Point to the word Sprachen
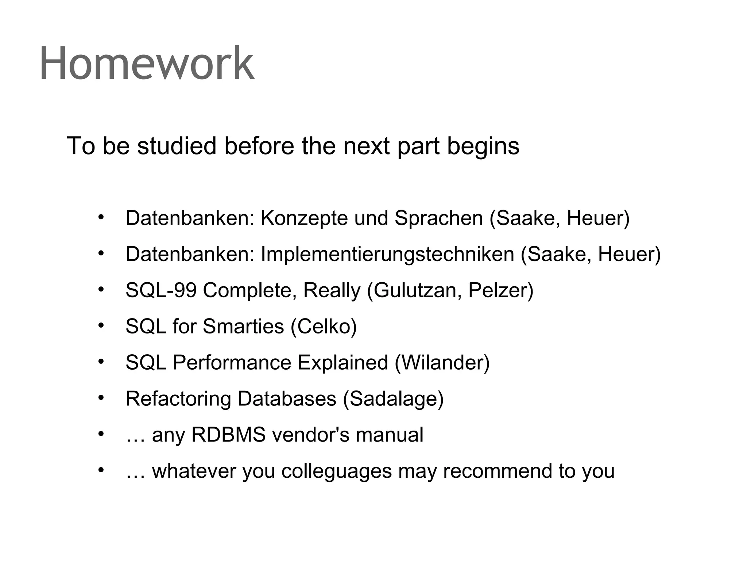tap(439, 218)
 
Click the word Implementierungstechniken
tap(387, 254)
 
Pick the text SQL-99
tap(161, 290)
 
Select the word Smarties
tap(243, 326)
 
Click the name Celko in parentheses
tap(324, 326)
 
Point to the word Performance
tap(232, 363)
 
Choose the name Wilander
tap(442, 363)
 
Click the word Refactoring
tap(178, 398)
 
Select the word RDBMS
tap(228, 435)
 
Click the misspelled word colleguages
tap(336, 471)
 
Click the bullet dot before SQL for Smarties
tap(101, 325)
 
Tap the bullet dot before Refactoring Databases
tap(101, 397)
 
